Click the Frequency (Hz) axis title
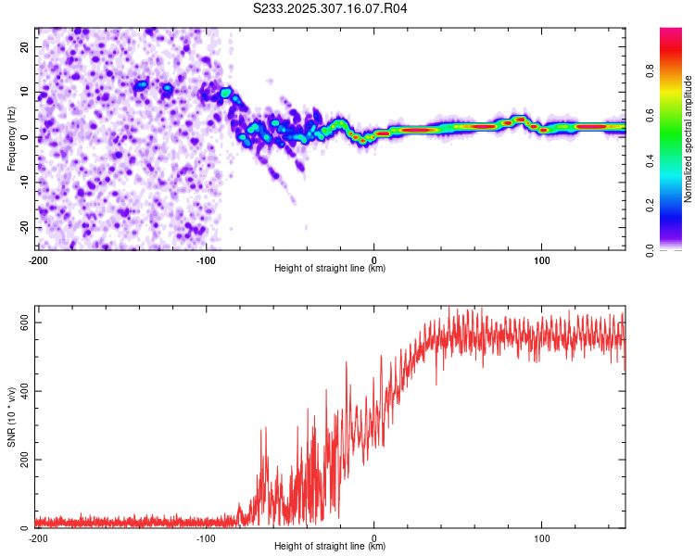(x=11, y=138)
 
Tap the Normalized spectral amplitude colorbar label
(x=688, y=139)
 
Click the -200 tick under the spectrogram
(x=38, y=259)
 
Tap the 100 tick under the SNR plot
(x=542, y=538)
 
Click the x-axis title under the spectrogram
(x=330, y=269)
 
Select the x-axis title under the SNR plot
(x=330, y=548)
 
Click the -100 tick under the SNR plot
(x=206, y=538)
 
